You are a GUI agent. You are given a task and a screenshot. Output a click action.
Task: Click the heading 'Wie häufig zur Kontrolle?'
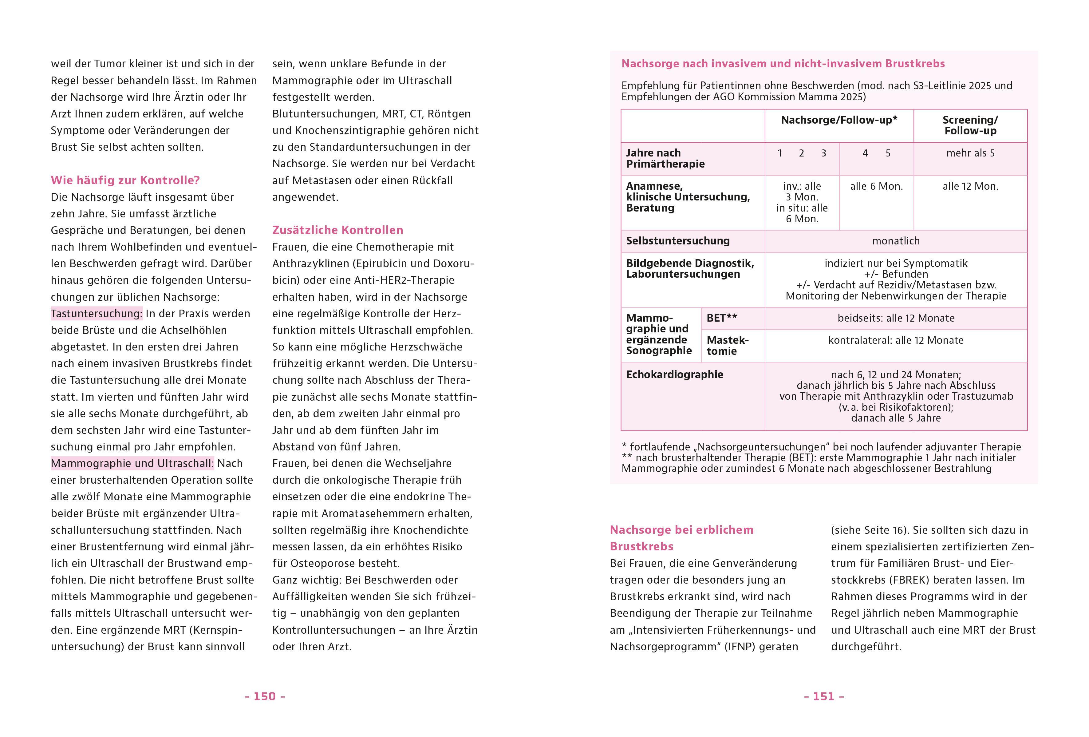pyautogui.click(x=125, y=180)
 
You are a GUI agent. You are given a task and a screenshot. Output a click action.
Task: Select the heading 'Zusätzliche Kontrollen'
pyautogui.click(x=337, y=230)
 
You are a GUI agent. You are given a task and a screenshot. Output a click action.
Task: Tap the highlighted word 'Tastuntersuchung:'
pyautogui.click(x=97, y=314)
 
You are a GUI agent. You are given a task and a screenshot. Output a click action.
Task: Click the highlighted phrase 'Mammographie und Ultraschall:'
pyautogui.click(x=132, y=463)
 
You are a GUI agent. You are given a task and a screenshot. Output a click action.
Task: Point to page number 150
pyautogui.click(x=265, y=696)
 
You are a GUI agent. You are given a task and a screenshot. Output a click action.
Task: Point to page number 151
pyautogui.click(x=824, y=696)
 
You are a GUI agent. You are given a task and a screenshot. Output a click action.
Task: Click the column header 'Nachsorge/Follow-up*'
pyautogui.click(x=839, y=120)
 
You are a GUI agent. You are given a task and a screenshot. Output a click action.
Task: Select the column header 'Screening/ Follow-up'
pyautogui.click(x=970, y=126)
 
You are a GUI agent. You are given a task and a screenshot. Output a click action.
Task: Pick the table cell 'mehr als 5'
pyautogui.click(x=970, y=153)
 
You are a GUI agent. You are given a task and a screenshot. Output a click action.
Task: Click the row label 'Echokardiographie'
pyautogui.click(x=674, y=374)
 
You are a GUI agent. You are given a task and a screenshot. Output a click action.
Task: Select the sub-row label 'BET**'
pyautogui.click(x=722, y=318)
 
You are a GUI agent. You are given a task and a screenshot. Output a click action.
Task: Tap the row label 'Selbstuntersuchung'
pyautogui.click(x=677, y=241)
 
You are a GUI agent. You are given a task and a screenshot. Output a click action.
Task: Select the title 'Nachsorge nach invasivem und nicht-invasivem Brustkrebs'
pyautogui.click(x=783, y=64)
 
